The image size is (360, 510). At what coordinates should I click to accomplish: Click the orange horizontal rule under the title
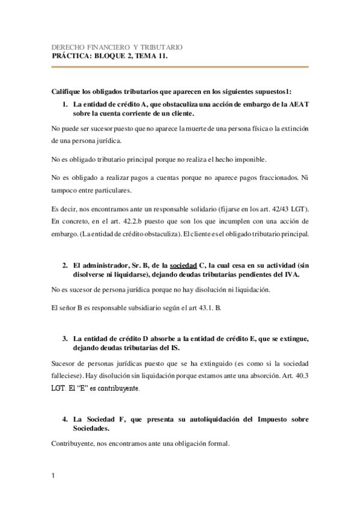[180, 67]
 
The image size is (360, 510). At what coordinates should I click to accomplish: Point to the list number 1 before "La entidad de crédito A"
[66, 103]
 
